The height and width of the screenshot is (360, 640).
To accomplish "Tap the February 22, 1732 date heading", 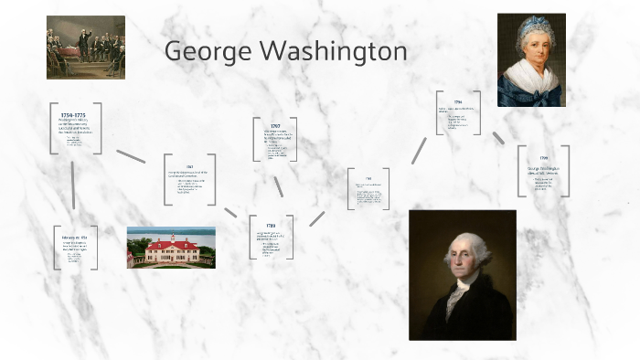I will click(x=74, y=237).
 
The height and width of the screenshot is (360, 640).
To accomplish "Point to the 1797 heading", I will click(x=275, y=126).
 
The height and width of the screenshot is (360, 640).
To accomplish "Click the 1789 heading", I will click(x=272, y=225).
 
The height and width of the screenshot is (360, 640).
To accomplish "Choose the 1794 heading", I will click(x=457, y=102).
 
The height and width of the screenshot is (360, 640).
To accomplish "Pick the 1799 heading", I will click(x=543, y=158).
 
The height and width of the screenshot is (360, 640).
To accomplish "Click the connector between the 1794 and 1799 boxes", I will click(x=498, y=138).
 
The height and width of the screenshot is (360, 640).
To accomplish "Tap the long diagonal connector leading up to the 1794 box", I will click(x=419, y=151).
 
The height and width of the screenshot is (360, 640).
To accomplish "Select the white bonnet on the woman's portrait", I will click(x=531, y=34).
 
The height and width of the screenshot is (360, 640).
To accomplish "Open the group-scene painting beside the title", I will click(x=85, y=47).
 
